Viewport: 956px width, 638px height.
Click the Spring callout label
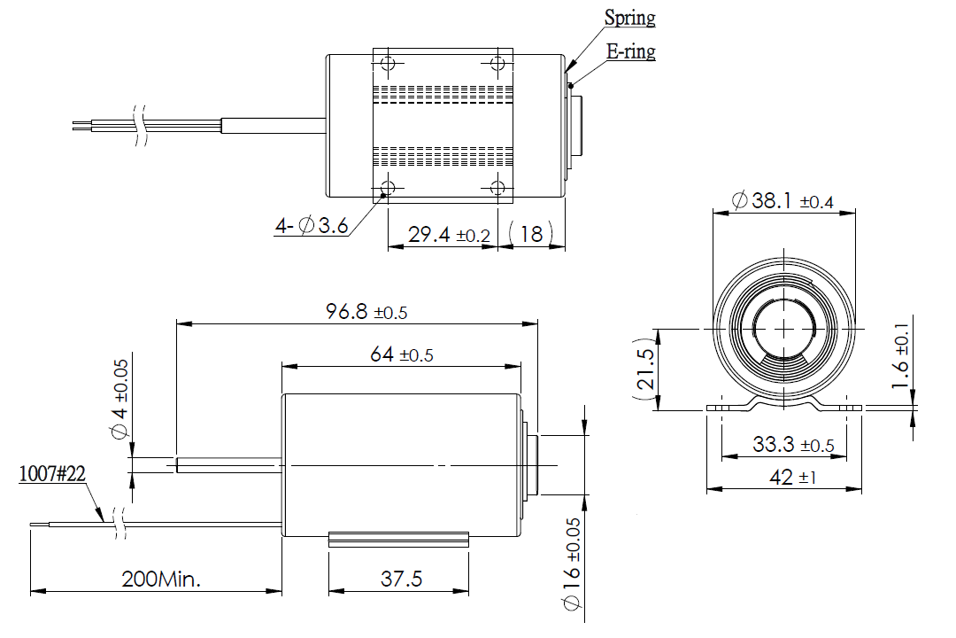pos(629,18)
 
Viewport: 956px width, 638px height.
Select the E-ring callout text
pos(630,51)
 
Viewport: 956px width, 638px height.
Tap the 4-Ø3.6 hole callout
pos(311,227)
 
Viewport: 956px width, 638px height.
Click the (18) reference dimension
pos(531,235)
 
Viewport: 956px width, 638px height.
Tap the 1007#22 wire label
pos(52,475)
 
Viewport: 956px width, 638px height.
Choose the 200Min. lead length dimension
pos(161,580)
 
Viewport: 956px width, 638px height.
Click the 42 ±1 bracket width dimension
pos(790,477)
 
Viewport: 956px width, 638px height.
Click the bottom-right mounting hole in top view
pos(497,187)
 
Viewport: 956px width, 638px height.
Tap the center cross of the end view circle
pos(785,328)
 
